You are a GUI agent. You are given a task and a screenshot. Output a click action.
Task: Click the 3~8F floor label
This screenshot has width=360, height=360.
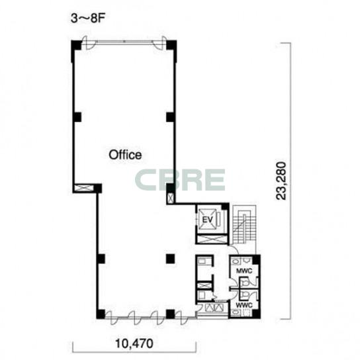coord(88,19)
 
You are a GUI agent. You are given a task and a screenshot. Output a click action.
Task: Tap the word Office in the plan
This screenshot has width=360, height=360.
coord(125,155)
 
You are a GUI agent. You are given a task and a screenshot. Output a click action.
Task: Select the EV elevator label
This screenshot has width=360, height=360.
coord(208,220)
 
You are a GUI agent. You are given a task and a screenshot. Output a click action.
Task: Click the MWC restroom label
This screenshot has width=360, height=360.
coord(244,271)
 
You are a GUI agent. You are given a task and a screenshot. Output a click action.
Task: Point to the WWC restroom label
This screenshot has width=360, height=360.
coord(244,306)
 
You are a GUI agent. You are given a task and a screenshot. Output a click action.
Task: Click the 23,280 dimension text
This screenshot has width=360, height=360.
coord(281,181)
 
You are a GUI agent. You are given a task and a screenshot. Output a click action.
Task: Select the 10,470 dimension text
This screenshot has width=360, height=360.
coord(134,343)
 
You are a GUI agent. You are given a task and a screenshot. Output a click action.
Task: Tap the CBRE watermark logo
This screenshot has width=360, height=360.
coord(180,180)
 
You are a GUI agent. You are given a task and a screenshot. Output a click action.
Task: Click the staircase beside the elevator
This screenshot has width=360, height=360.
coord(244,225)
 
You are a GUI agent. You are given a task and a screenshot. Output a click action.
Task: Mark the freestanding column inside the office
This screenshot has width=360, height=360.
coord(171,259)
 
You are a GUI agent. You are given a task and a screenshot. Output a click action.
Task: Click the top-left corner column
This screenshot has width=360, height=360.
coord(76,45)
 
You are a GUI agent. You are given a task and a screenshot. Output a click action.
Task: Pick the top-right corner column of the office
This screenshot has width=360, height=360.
coord(171,45)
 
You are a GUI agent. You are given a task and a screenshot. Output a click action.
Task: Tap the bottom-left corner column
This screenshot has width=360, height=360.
coord(101,314)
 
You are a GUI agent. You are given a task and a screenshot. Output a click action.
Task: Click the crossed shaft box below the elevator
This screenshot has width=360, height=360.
coord(211,239)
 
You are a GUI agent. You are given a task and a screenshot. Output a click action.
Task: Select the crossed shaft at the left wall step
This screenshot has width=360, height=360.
coord(84,188)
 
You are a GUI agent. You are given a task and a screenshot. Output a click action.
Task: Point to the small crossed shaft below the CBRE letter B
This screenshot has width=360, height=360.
coord(170,198)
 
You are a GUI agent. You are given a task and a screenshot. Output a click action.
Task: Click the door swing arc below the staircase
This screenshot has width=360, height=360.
coord(234,249)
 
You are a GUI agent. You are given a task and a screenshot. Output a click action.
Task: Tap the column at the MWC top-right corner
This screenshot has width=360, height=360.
coord(256,259)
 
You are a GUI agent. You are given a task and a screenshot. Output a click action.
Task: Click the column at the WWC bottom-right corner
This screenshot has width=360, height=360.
coord(256,314)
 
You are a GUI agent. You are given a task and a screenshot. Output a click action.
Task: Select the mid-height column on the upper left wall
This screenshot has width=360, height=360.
coord(77,117)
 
